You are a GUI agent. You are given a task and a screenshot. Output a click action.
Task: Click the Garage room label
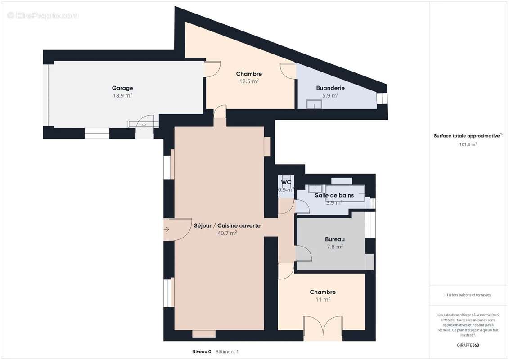(122, 88)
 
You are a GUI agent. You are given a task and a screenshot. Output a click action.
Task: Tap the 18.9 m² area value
(122, 95)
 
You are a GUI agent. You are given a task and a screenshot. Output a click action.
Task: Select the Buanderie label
(330, 88)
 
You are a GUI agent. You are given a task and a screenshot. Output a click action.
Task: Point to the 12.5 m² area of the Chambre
(249, 81)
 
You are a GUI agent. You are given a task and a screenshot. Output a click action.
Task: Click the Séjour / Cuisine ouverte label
(227, 225)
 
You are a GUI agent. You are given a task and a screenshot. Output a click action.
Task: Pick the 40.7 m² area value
(227, 233)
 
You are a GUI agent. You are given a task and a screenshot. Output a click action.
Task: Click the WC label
(286, 182)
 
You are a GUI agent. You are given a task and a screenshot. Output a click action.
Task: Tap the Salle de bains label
(334, 195)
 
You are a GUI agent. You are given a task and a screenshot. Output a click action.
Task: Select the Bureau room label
(334, 239)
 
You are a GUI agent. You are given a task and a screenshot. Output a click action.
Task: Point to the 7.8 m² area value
(334, 247)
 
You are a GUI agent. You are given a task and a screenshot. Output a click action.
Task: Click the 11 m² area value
(323, 299)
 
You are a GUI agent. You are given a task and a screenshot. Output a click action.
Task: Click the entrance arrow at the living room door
(167, 230)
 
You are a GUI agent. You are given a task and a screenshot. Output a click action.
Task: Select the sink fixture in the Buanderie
(314, 104)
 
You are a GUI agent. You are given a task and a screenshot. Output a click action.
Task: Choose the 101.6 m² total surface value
(468, 144)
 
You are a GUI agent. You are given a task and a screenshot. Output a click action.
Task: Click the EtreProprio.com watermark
(43, 15)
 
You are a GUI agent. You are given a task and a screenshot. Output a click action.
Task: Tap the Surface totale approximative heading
(467, 136)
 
